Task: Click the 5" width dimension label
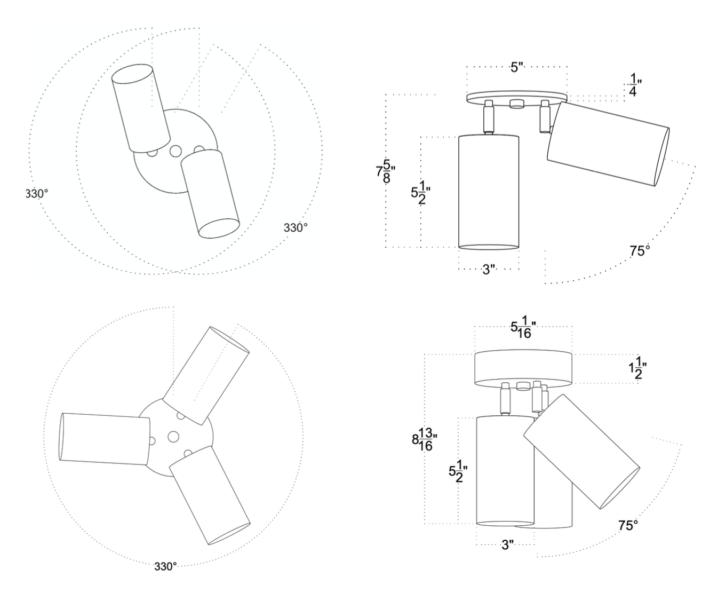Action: coord(517,68)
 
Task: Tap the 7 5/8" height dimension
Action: coord(383,171)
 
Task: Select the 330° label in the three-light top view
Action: coord(165,566)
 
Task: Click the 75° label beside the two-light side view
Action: coord(640,250)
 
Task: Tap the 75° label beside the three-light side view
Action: coord(628,525)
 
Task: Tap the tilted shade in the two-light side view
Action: coord(608,143)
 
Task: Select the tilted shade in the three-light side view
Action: coord(581,451)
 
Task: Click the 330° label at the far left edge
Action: coord(37,193)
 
